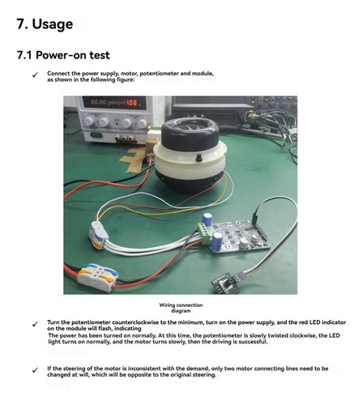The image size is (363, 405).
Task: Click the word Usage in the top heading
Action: (x=53, y=24)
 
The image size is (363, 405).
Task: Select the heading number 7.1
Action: (x=24, y=55)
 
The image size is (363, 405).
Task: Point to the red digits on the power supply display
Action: (x=133, y=103)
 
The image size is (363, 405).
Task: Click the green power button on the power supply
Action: (x=96, y=135)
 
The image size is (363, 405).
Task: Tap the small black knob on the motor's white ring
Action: (x=199, y=158)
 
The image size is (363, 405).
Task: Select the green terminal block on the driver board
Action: (x=204, y=233)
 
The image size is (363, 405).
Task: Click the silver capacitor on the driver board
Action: (x=244, y=243)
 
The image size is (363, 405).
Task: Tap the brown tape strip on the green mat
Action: (x=135, y=160)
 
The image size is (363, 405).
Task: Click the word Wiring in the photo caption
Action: (x=168, y=305)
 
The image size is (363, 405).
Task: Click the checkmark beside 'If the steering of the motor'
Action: (x=35, y=370)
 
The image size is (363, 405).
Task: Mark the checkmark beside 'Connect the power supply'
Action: (x=35, y=75)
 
